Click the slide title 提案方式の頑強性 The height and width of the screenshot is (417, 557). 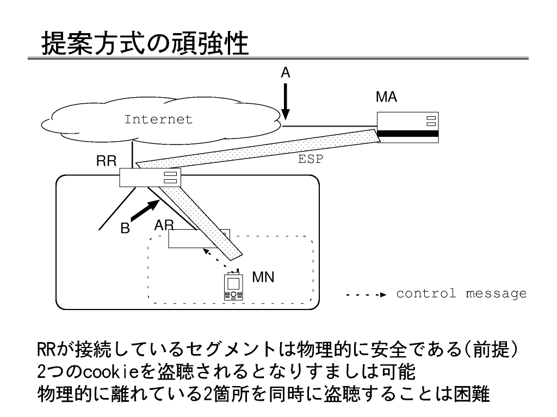[145, 43]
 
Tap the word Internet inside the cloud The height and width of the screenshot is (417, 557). [158, 119]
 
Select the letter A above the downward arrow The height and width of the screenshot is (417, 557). [286, 73]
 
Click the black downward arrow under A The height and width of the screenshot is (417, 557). [286, 102]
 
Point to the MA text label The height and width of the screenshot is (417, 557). [387, 97]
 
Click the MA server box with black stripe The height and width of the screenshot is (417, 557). [408, 127]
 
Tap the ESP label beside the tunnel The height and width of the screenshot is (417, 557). [311, 159]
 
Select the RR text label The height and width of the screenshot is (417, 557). [106, 161]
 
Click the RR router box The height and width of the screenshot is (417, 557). [150, 178]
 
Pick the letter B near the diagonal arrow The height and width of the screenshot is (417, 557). [125, 228]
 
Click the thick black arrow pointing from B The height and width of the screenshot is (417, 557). [145, 210]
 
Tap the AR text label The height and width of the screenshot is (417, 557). [164, 225]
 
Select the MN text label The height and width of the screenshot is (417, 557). [263, 277]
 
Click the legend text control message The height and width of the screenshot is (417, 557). [461, 294]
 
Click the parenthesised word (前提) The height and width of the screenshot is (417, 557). [490, 349]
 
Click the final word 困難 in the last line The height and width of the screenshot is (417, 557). [472, 394]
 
